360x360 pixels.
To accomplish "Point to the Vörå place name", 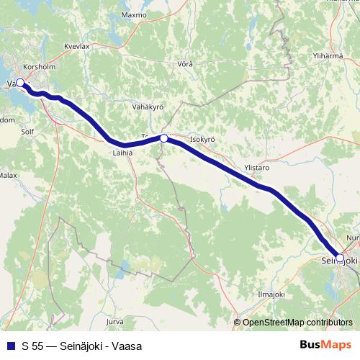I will tap(185, 64).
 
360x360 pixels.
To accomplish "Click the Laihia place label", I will tap(123, 153).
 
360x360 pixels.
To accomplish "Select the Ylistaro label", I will tap(257, 167).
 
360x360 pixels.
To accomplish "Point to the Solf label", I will tap(28, 132).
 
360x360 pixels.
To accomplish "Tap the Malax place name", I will tap(8, 175).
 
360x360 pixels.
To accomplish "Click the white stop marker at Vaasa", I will tap(20, 83).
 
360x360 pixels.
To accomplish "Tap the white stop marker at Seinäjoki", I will tap(340, 256).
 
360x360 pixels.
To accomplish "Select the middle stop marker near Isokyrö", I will tap(164, 138).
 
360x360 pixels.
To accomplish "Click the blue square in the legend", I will tap(9, 346).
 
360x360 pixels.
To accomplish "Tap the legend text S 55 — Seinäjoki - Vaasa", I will tap(81, 346).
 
